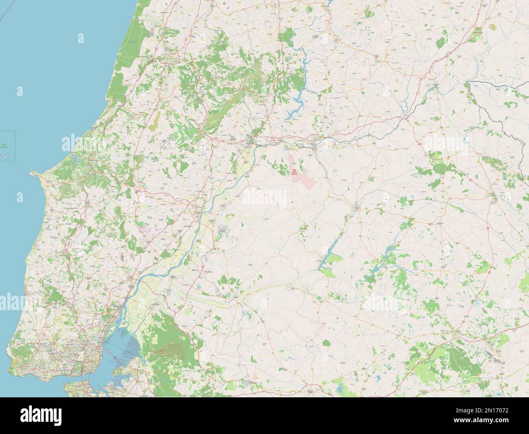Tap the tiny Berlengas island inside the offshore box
[6, 157]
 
